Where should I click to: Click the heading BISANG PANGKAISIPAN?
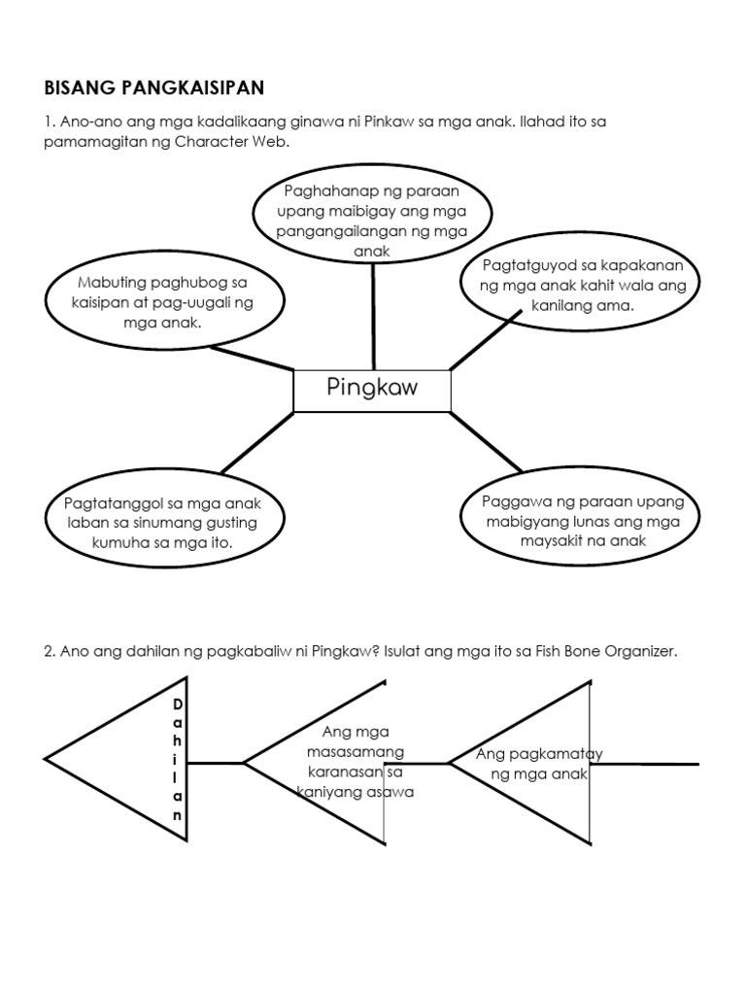pos(154,88)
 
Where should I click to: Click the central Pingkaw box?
pos(372,390)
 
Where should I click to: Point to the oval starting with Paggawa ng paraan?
pos(584,521)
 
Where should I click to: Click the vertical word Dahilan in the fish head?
pos(177,760)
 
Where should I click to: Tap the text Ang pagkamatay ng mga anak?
pos(540,764)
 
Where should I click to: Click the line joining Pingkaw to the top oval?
pos(373,316)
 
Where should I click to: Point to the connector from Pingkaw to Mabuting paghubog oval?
pos(253,357)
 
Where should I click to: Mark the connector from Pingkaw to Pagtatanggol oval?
pos(257,442)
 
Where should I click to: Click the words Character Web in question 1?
pos(233,142)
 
